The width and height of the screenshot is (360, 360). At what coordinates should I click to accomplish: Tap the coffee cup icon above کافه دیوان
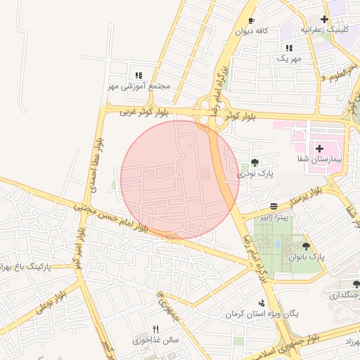252,20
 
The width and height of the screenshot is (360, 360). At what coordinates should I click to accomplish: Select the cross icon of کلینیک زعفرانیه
324,19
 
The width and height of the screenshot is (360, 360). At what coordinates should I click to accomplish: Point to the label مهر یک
288,59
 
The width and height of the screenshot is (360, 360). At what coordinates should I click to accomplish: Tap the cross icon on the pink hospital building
319,148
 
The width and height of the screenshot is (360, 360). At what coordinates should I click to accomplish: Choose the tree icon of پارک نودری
254,162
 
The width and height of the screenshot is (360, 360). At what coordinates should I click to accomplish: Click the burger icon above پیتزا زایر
274,205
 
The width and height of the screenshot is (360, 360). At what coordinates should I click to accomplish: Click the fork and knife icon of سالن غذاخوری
156,329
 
